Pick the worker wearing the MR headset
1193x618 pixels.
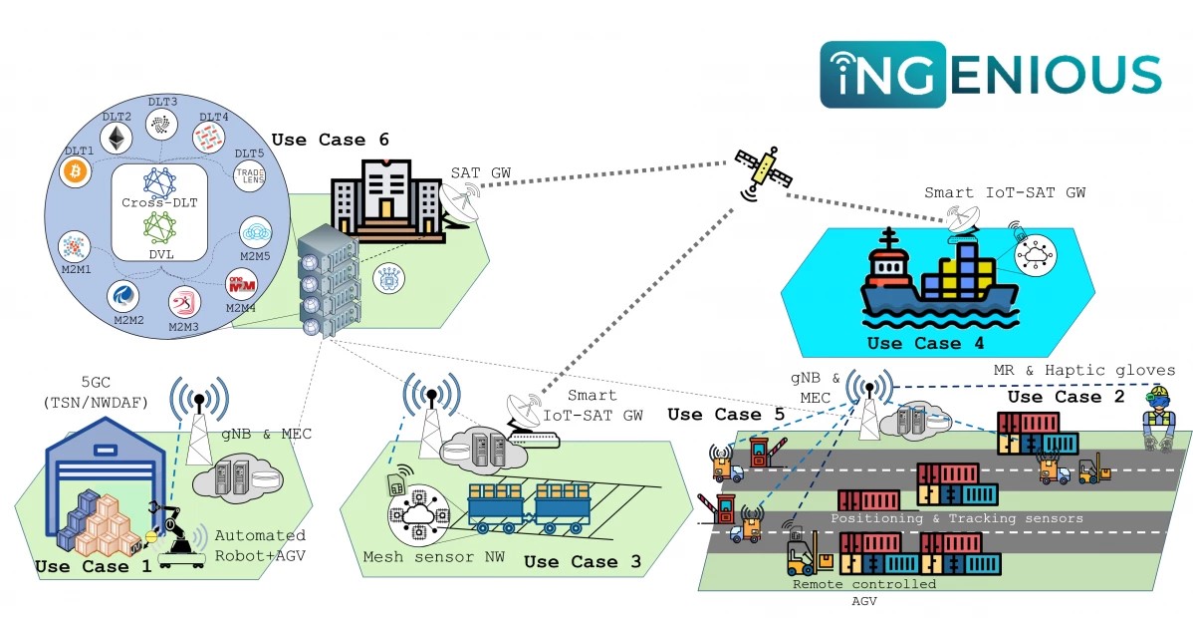1159,419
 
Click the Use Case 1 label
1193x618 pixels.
95,567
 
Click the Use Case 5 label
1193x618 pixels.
727,414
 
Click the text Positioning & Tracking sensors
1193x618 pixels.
957,518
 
